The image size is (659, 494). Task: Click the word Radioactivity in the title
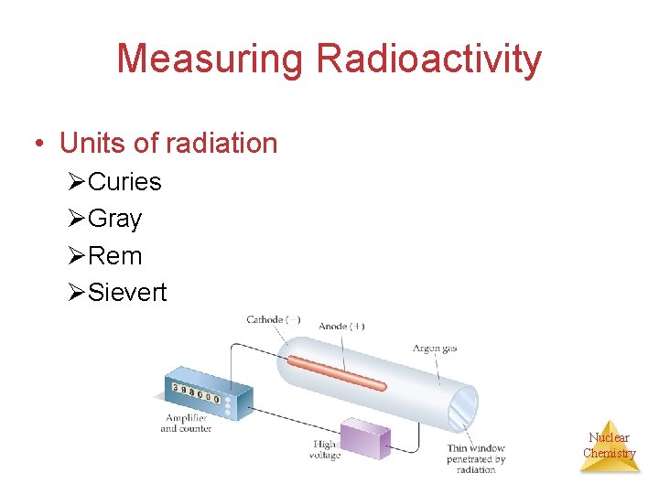pos(429,59)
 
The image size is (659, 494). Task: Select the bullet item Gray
pos(115,220)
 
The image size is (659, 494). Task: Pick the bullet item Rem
pos(115,256)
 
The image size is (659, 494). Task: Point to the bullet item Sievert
pos(127,293)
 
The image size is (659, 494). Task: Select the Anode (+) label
pos(341,326)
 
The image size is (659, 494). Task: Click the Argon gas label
pos(433,349)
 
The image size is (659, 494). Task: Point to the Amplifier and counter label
pos(186,423)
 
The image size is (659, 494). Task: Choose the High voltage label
pos(325,450)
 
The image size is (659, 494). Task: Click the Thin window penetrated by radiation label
pos(476,458)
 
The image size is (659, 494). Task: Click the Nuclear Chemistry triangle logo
pos(610,447)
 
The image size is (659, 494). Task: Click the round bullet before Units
pos(38,144)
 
